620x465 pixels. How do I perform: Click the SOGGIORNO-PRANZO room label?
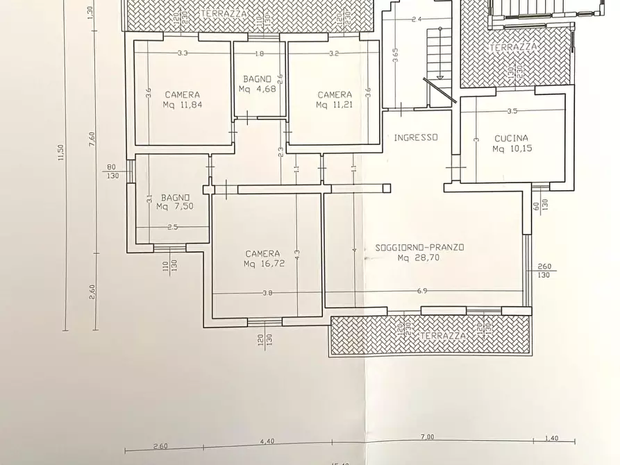point(419,247)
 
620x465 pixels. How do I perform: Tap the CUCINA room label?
point(512,138)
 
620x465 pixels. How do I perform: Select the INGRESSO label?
point(416,137)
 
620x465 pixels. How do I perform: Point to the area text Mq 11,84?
point(182,105)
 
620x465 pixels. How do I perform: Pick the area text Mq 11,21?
point(335,105)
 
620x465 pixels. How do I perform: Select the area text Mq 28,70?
point(419,257)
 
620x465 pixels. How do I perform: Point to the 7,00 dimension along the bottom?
point(427,437)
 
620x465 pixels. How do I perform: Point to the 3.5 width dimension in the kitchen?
point(512,111)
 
